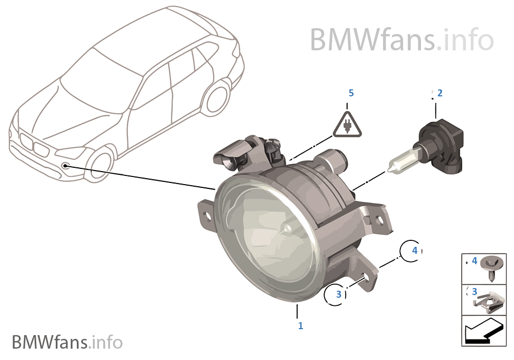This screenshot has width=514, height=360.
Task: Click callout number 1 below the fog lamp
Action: pyautogui.click(x=301, y=326)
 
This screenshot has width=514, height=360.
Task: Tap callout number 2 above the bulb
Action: pyautogui.click(x=440, y=93)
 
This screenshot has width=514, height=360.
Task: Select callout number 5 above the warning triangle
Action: pyautogui.click(x=351, y=93)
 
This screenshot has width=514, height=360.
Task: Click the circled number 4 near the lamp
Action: pyautogui.click(x=414, y=251)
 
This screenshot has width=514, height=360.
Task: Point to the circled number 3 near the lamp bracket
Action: pyautogui.click(x=339, y=294)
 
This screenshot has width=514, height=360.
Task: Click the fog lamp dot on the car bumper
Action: pyautogui.click(x=65, y=165)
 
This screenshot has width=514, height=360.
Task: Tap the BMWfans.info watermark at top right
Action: pyautogui.click(x=401, y=39)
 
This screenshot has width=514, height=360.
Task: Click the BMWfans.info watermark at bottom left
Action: pyautogui.click(x=67, y=342)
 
